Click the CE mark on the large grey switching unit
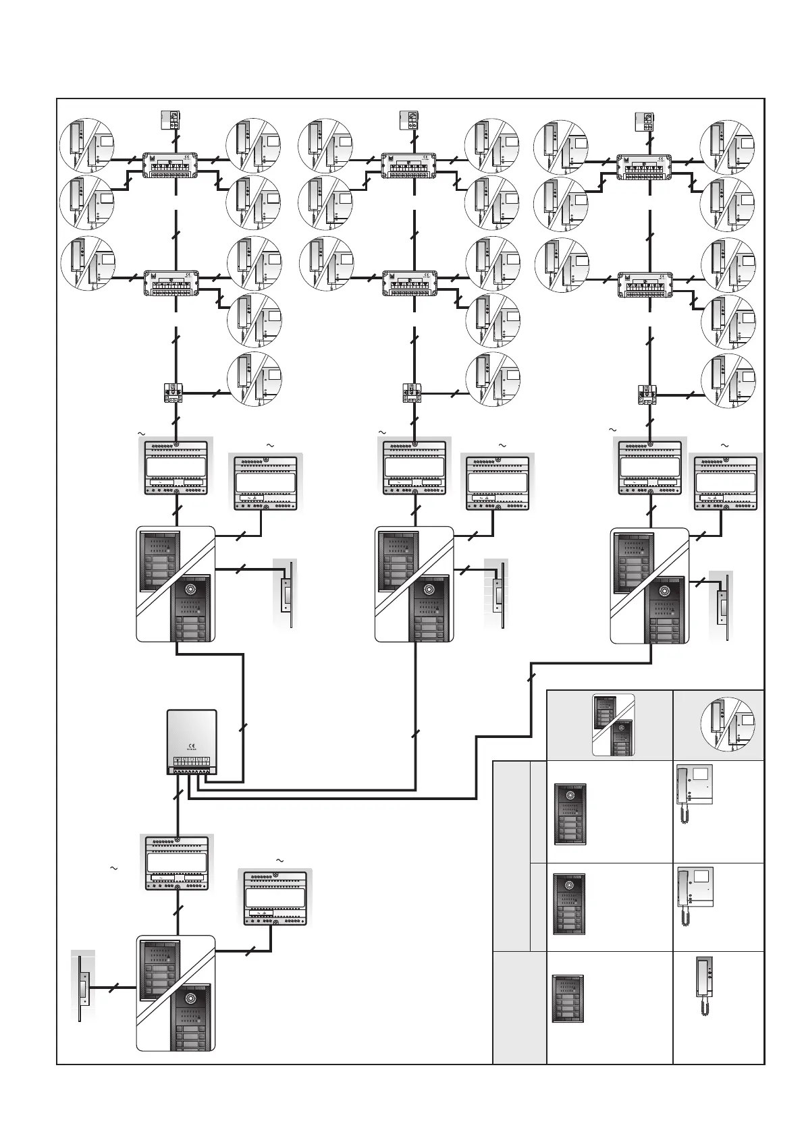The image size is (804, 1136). pos(191,745)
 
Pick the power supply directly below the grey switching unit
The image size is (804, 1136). pos(177,863)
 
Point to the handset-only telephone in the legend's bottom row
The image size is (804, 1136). pos(705,986)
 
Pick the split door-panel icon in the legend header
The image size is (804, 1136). pos(613,725)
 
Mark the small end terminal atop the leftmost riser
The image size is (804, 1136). pos(171,119)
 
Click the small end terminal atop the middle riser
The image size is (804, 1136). pos(408,119)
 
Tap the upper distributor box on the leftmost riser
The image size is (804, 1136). pos(171,165)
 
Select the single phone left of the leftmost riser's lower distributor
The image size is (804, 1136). pos(88,264)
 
